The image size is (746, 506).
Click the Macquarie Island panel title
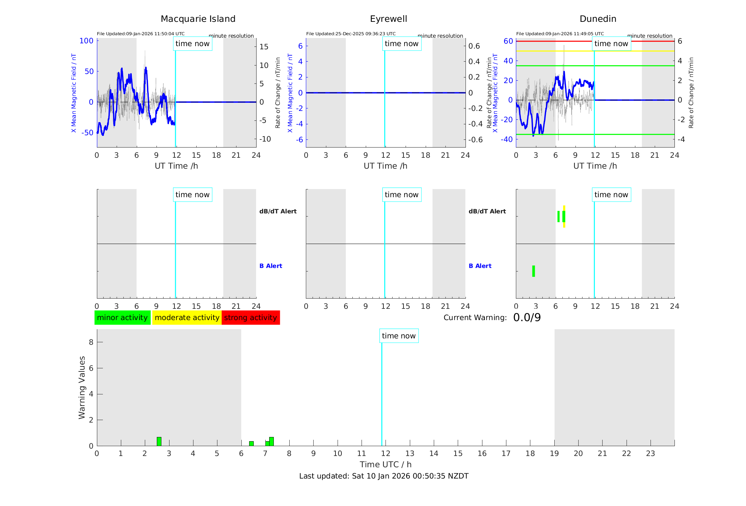[x=198, y=19]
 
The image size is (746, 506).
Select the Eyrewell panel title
[x=388, y=19]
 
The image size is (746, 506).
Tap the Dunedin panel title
[x=598, y=19]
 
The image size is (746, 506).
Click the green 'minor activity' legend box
[x=122, y=318]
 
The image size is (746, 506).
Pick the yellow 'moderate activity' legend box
[x=187, y=318]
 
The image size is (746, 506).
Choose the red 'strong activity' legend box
[x=251, y=318]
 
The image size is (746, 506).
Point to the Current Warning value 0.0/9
[x=527, y=318]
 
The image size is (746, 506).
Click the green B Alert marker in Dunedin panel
[x=534, y=271]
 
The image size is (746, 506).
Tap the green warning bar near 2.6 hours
[x=159, y=442]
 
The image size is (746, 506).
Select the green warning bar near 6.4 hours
[x=251, y=444]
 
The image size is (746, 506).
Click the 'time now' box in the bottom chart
[x=399, y=336]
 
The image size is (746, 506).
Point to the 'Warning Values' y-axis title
[x=82, y=387]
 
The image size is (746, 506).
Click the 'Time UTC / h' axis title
[x=386, y=464]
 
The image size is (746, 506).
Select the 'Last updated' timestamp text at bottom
[x=384, y=476]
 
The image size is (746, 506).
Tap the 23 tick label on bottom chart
[x=650, y=454]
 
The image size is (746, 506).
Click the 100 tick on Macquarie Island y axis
[x=86, y=41]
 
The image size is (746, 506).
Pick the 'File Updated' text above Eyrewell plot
[x=351, y=34]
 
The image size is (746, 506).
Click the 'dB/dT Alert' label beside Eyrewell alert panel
[x=487, y=211]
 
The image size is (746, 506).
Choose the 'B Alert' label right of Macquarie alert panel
[x=271, y=266]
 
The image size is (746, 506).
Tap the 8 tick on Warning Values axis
[x=91, y=342]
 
